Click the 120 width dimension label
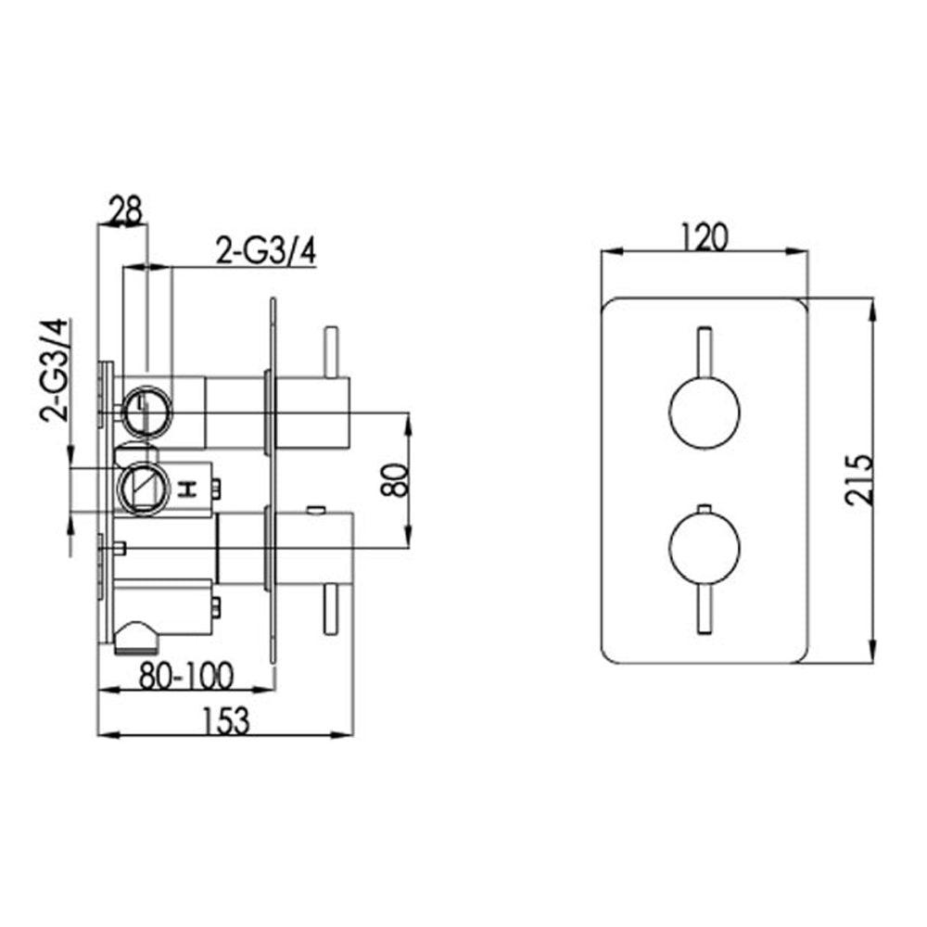point(705,237)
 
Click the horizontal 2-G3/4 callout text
point(266,251)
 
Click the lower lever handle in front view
point(705,609)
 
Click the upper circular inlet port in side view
point(145,409)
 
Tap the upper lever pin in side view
point(330,352)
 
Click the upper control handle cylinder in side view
point(311,412)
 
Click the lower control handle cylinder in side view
point(311,549)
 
